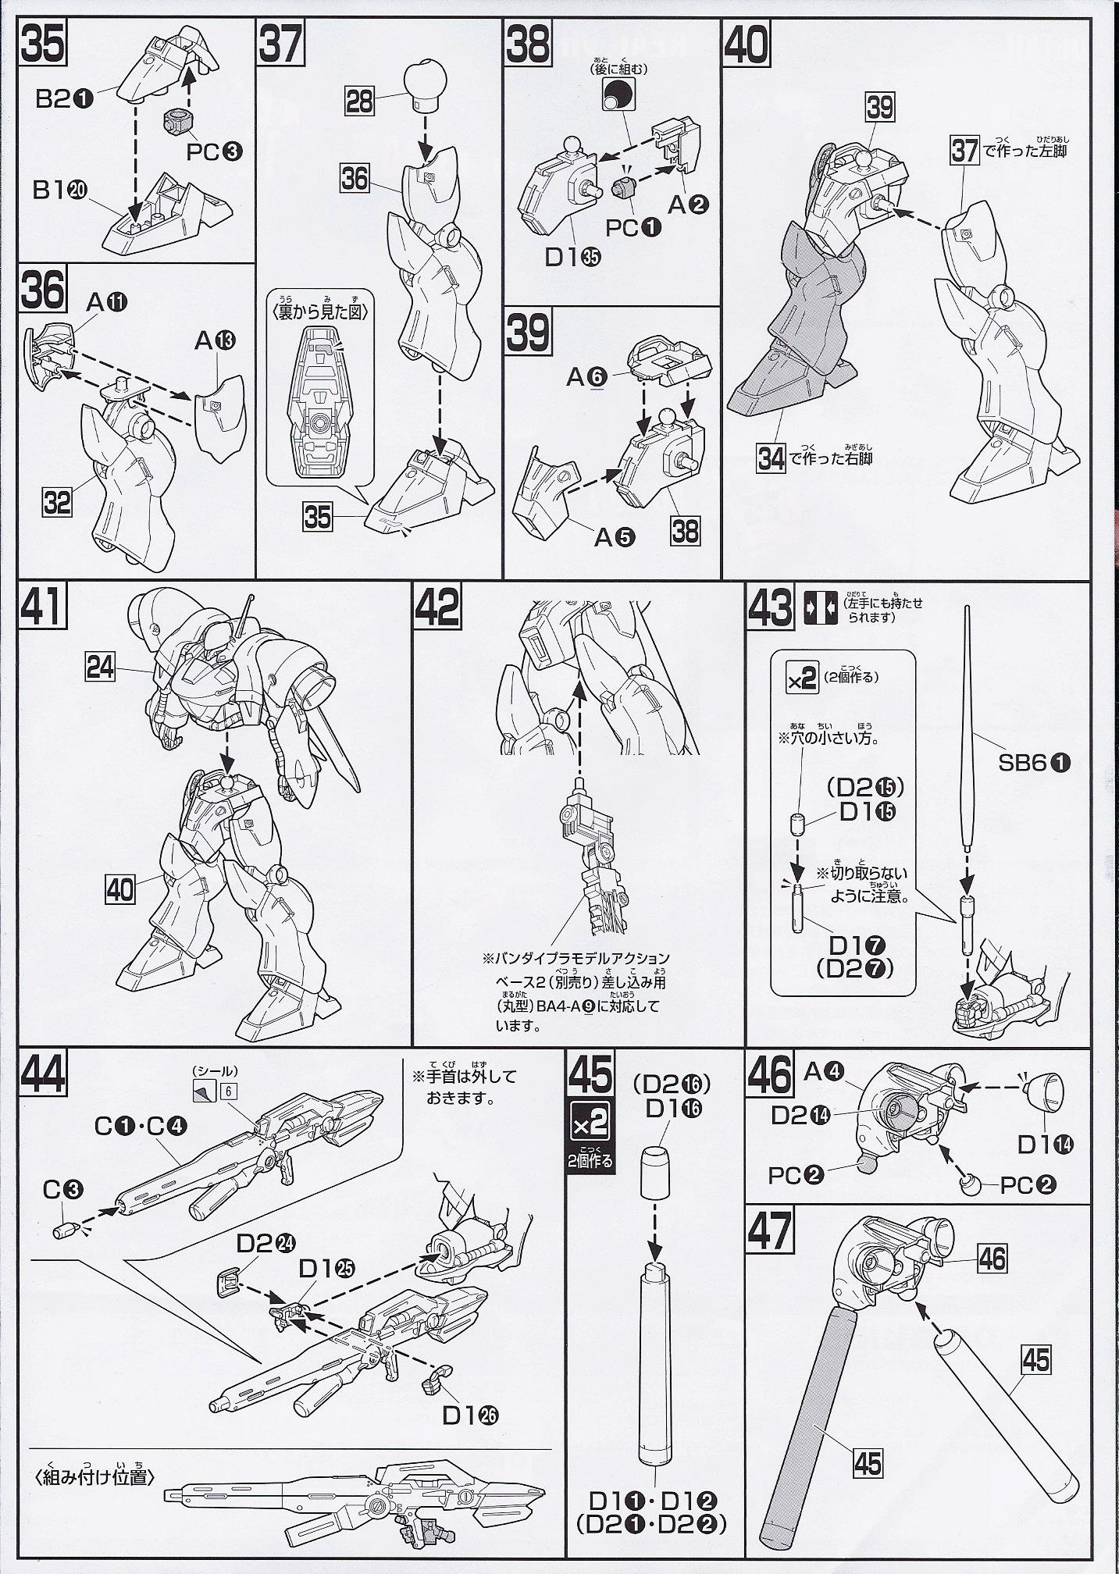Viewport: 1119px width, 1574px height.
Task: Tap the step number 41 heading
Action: pyautogui.click(x=43, y=607)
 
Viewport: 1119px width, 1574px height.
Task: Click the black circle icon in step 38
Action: pyautogui.click(x=616, y=94)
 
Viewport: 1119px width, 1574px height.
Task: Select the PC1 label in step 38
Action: pyautogui.click(x=633, y=228)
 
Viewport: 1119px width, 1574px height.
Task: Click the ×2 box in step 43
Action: pyautogui.click(x=801, y=677)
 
